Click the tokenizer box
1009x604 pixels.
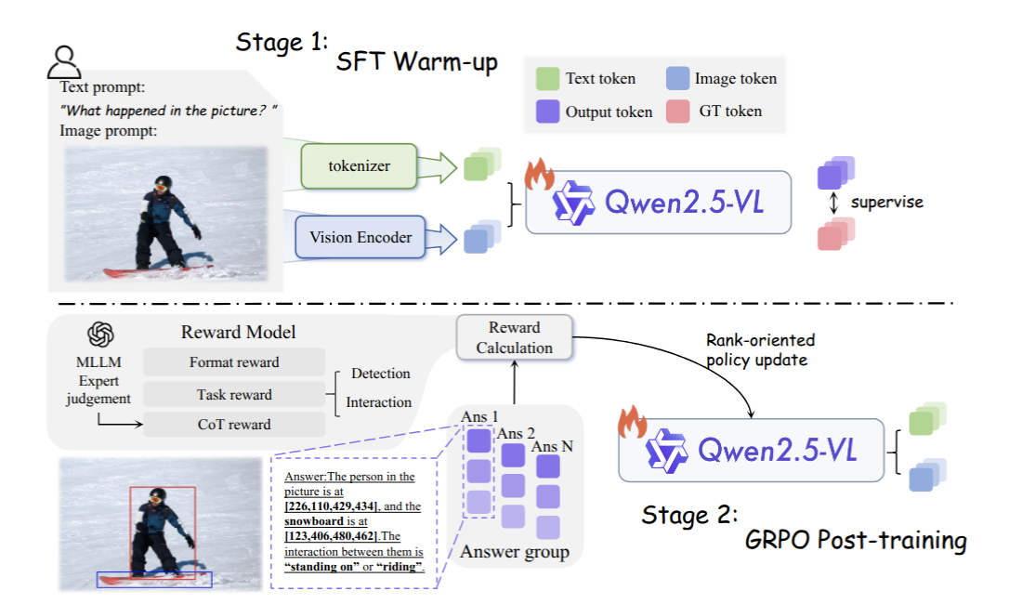click(x=359, y=166)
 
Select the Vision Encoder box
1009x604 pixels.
click(x=360, y=237)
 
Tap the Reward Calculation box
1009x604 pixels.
click(x=514, y=337)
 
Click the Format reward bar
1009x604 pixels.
click(x=234, y=361)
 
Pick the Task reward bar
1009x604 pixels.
click(x=234, y=394)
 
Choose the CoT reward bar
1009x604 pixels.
click(x=234, y=425)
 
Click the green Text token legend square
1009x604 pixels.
click(x=547, y=79)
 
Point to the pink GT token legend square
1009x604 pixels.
click(x=677, y=112)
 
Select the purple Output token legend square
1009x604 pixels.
click(x=547, y=112)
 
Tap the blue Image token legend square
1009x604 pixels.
click(x=677, y=78)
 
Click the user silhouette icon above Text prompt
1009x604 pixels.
click(x=64, y=62)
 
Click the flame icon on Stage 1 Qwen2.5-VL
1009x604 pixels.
click(x=539, y=174)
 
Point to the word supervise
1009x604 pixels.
click(x=886, y=203)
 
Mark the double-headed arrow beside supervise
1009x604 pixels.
click(x=834, y=203)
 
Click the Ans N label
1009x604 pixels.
click(x=552, y=446)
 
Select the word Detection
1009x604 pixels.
click(x=380, y=374)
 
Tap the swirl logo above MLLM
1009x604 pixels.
click(x=100, y=335)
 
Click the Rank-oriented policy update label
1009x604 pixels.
click(x=760, y=349)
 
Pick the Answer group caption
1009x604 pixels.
click(x=515, y=552)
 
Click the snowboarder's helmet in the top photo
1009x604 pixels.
click(x=163, y=183)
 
